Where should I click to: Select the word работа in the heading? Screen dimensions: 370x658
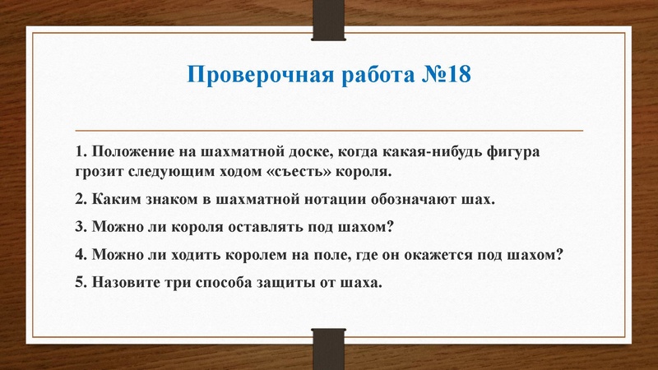point(370,76)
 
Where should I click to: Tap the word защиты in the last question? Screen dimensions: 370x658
point(282,282)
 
